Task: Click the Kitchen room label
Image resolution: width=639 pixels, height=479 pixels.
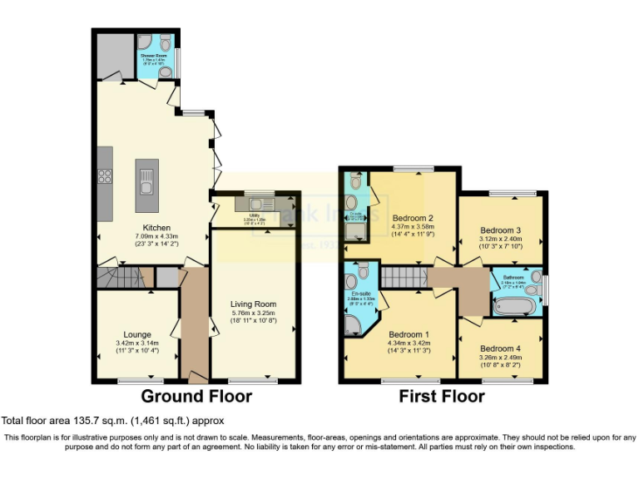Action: [156, 228]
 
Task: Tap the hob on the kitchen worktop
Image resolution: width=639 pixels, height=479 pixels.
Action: [106, 176]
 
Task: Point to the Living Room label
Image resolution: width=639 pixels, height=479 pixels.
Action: [253, 304]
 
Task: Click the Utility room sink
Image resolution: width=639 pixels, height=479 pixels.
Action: [252, 204]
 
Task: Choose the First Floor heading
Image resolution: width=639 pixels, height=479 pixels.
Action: [442, 396]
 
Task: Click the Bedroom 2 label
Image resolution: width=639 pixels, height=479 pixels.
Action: [413, 218]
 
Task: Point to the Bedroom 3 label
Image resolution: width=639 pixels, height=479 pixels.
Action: [501, 230]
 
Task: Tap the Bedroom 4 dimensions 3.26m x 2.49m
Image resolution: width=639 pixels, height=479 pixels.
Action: [501, 358]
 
